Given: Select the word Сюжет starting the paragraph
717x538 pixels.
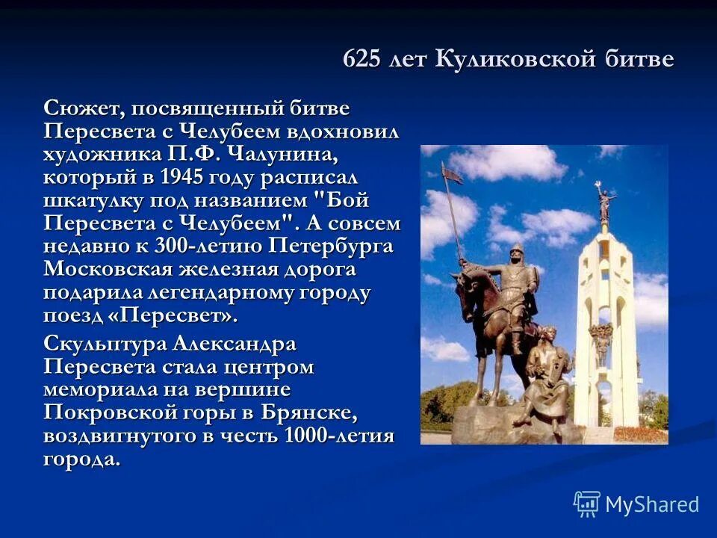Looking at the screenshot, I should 83,108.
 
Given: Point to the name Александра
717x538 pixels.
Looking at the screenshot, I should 235,345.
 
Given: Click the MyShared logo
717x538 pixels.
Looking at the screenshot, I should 636,504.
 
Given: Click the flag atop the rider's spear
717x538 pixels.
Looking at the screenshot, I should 450,175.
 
